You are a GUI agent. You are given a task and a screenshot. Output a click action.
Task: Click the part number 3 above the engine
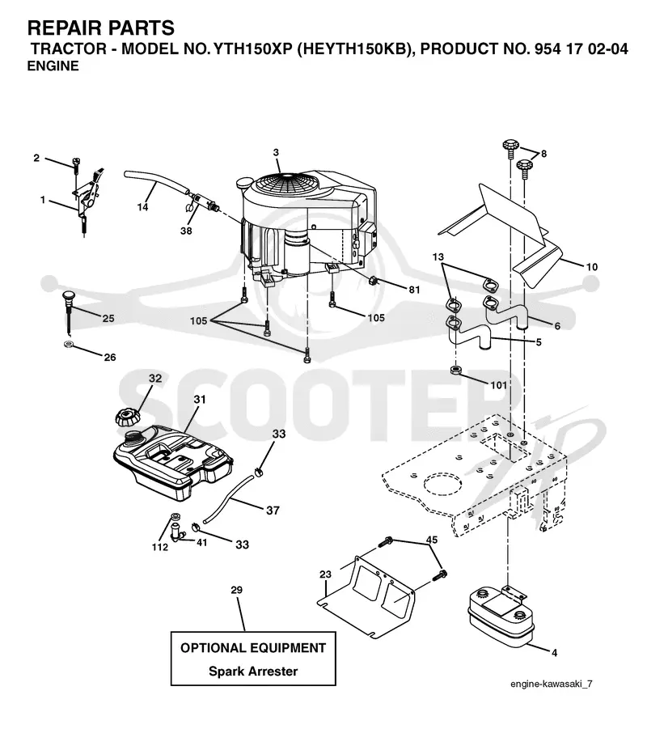tap(276, 152)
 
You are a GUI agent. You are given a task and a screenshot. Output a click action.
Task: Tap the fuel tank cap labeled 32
tap(127, 416)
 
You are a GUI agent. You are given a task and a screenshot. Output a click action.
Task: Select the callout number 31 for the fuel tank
tap(200, 400)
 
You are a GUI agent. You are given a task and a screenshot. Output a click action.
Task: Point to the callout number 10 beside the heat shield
tap(592, 267)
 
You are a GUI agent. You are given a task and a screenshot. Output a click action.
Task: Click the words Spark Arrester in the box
tap(253, 672)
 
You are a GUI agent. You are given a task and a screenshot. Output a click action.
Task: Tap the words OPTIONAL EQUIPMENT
tap(253, 648)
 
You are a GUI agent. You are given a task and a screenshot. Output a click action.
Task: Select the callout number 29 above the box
tap(237, 590)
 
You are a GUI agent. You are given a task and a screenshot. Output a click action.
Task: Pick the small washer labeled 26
tap(68, 345)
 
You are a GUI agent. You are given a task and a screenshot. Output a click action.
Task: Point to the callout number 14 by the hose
tap(142, 207)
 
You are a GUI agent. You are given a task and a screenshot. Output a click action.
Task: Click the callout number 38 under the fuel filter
tap(186, 231)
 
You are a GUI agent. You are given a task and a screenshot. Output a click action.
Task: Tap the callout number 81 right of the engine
tap(414, 290)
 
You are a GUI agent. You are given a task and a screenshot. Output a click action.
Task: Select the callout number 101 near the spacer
tap(499, 385)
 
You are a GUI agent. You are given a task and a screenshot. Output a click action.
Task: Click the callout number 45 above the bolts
tap(432, 540)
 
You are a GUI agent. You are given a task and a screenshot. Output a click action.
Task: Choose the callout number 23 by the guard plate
tap(325, 574)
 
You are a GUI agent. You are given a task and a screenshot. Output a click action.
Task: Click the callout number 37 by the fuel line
tap(273, 510)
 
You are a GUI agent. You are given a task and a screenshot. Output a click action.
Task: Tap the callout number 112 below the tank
tap(159, 547)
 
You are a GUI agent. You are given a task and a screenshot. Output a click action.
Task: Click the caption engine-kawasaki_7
tap(552, 684)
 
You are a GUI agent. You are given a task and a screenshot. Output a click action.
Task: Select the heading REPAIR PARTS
tap(101, 28)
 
